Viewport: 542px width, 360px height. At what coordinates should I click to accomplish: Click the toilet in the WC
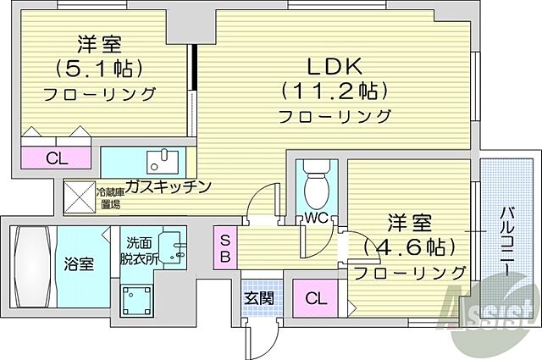315,181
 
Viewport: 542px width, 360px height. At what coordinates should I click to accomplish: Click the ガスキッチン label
168,186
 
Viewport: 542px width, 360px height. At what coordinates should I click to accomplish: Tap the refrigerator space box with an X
82,197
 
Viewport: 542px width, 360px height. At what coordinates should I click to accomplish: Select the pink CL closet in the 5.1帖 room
56,158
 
